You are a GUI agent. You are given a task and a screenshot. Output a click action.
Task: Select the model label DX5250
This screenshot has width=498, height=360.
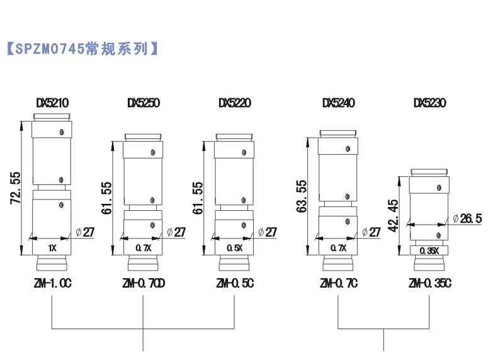(143, 103)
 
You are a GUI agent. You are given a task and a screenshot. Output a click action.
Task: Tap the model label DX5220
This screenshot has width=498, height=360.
(235, 103)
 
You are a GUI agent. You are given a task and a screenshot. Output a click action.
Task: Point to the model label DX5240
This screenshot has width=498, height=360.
(338, 103)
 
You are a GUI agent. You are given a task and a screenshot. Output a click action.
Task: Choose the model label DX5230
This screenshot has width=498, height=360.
(429, 103)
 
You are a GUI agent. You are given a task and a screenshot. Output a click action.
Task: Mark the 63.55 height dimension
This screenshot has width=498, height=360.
(303, 196)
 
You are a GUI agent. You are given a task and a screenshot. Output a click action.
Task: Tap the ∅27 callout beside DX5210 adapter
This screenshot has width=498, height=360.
(84, 232)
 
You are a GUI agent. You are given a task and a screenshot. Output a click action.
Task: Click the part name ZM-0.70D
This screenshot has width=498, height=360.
(144, 284)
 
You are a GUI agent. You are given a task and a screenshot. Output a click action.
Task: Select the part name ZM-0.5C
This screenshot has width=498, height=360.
(235, 284)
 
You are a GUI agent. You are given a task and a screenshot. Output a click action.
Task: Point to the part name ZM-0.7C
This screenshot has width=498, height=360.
(339, 284)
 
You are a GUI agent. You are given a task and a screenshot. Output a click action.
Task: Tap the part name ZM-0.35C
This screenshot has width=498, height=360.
(430, 284)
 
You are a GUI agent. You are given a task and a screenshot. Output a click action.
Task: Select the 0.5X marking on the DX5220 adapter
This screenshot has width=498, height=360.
(235, 248)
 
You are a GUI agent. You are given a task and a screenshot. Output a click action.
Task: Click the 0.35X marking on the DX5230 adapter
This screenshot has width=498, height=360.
(429, 250)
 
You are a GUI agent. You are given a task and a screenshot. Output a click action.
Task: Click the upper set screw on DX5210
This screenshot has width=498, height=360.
(61, 132)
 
